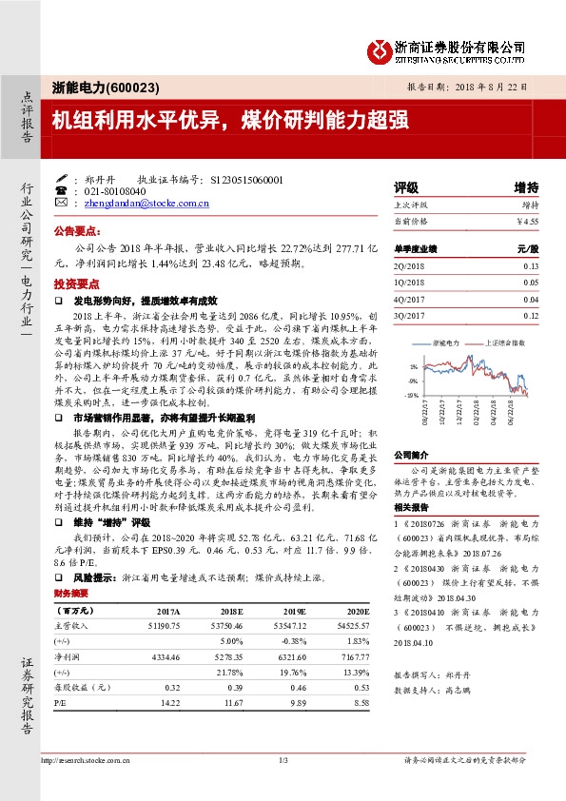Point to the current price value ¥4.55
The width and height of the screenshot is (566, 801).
pyautogui.click(x=526, y=221)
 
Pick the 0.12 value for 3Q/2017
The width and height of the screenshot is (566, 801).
pyautogui.click(x=530, y=315)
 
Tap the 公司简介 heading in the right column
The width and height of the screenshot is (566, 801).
pyautogui.click(x=412, y=455)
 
